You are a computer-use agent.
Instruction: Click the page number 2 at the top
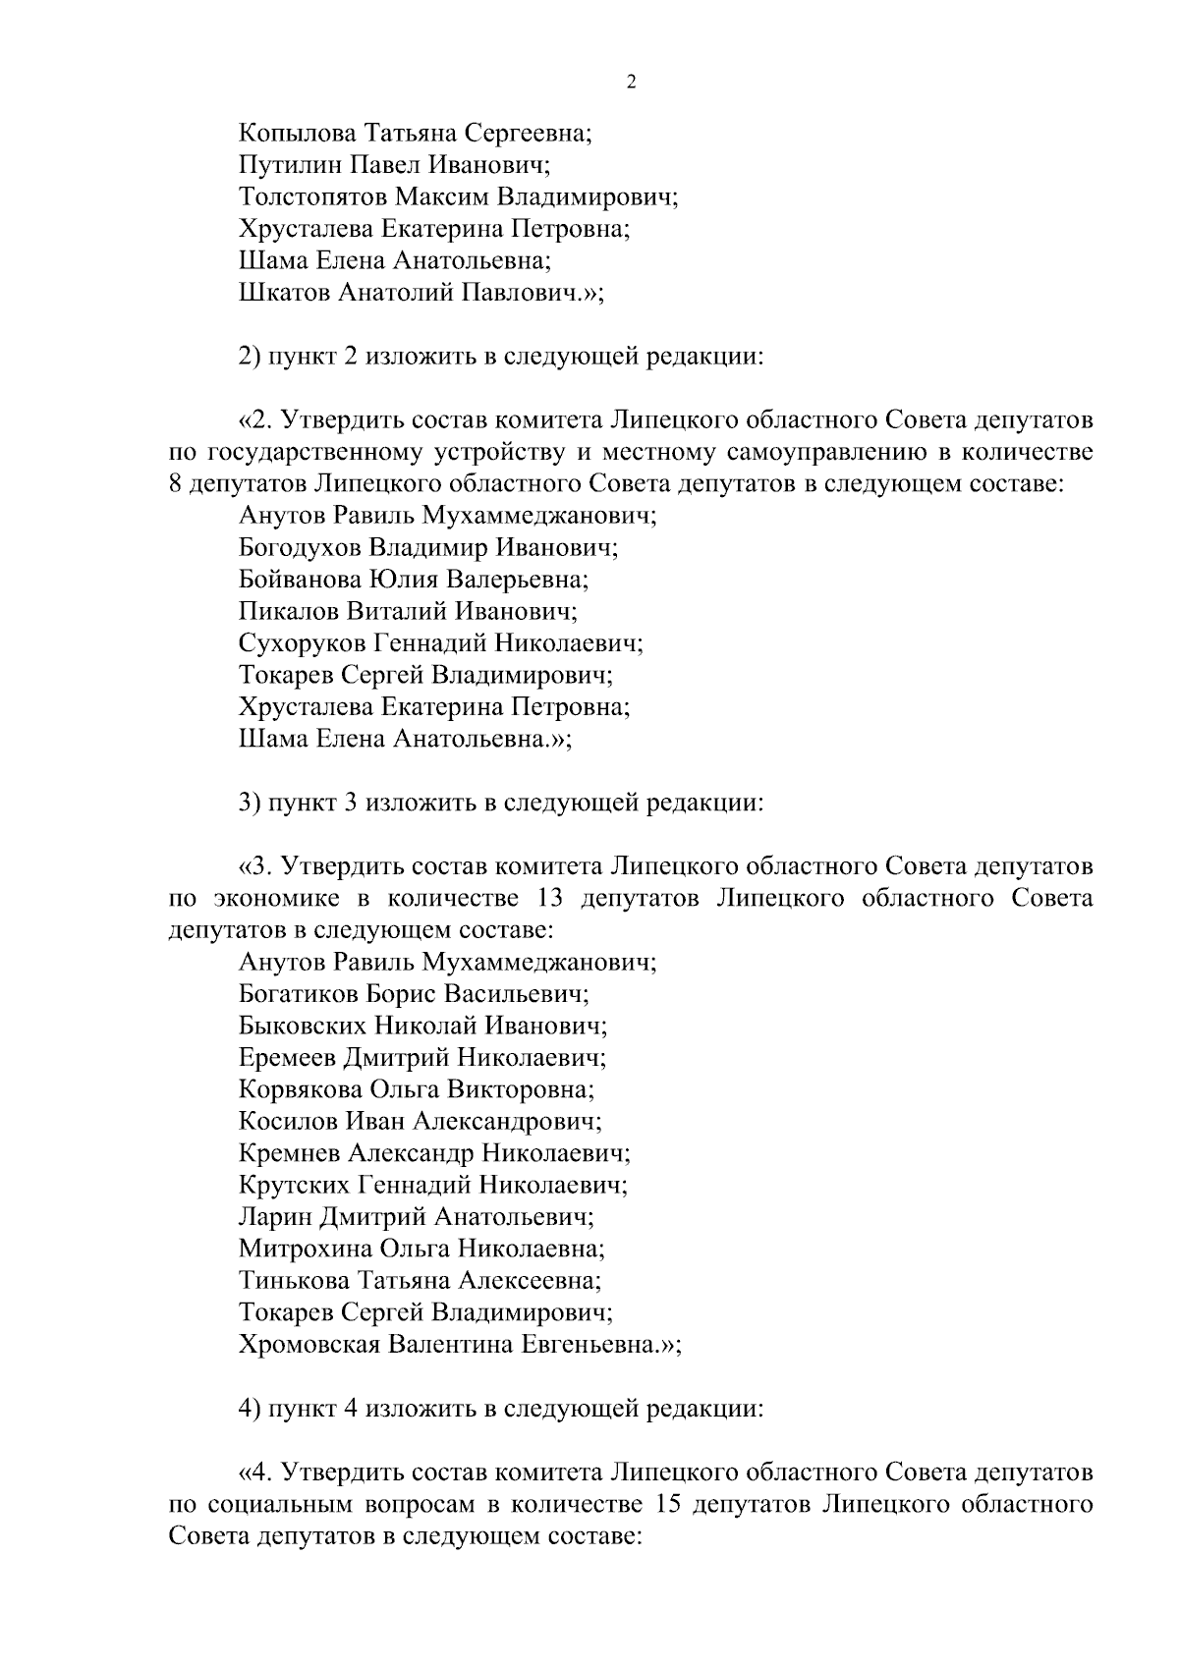point(631,83)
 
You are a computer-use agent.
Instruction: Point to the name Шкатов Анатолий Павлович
point(418,293)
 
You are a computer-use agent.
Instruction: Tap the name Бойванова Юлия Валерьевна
point(413,580)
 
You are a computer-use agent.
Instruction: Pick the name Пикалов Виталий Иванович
point(407,612)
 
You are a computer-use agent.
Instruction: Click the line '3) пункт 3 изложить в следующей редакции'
point(501,803)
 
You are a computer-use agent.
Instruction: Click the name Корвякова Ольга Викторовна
point(417,1089)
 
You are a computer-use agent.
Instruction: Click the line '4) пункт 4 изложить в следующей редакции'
point(501,1408)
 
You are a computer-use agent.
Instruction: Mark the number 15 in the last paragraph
point(662,1504)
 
